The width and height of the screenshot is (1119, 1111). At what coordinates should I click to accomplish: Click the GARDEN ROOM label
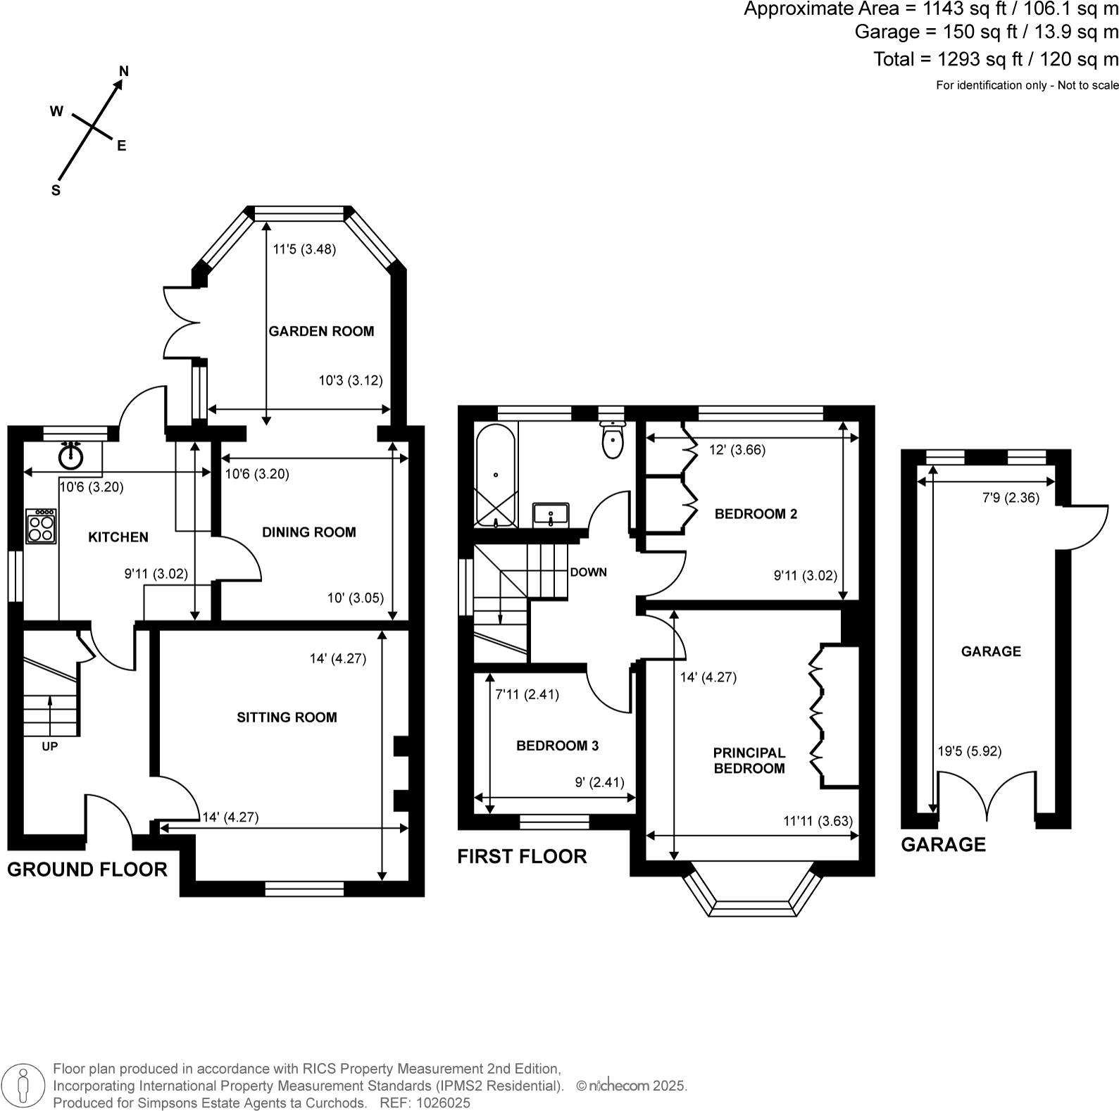(321, 331)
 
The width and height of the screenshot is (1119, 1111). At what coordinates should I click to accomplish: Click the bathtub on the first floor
(496, 476)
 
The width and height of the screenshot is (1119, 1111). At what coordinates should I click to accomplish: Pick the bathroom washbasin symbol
(551, 514)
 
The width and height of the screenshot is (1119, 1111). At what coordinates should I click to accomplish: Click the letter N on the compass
(124, 71)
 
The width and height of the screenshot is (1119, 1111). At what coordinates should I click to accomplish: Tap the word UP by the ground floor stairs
(49, 746)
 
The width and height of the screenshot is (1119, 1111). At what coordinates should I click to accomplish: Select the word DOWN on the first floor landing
(588, 572)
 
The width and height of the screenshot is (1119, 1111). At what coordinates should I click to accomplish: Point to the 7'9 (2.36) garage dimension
(1011, 498)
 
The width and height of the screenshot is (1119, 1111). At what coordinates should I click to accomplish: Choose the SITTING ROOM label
(287, 717)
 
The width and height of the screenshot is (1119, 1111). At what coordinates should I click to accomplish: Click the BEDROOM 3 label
(557, 746)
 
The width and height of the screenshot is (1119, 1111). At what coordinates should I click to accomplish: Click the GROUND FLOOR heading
(87, 870)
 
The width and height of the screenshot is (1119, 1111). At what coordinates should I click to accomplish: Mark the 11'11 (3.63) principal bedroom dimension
(818, 821)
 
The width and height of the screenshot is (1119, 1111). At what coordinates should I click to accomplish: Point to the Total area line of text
(995, 59)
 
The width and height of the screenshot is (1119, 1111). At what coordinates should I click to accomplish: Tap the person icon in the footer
(24, 1086)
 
